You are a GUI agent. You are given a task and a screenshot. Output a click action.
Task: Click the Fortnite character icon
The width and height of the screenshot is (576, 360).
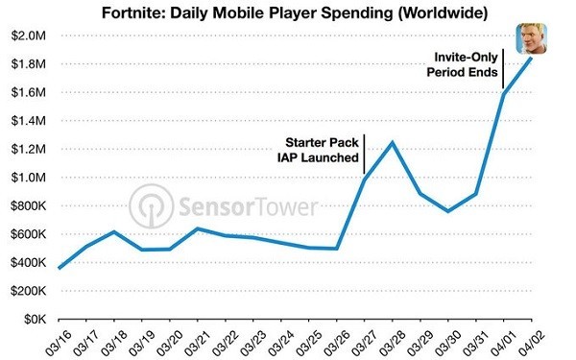coord(531,38)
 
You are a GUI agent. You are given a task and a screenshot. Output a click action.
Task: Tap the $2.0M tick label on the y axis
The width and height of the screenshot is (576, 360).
coord(28,36)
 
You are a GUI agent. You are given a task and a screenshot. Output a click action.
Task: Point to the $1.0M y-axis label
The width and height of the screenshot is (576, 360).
coord(28,178)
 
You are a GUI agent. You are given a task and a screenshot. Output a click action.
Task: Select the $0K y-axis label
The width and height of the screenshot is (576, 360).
coord(36,320)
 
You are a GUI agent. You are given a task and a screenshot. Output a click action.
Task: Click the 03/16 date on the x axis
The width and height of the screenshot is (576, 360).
coord(58,343)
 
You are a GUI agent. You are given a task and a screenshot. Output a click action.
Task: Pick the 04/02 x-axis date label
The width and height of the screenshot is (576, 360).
coord(531,343)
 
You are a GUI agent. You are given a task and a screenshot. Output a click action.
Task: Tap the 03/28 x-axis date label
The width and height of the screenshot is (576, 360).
coord(392,343)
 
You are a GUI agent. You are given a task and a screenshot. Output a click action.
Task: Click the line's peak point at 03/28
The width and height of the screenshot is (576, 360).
coord(393,142)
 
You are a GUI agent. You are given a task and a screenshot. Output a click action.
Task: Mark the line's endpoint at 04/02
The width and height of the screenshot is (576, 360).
coord(531,58)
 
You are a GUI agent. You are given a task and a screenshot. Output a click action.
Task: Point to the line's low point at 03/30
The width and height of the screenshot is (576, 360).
coord(448,211)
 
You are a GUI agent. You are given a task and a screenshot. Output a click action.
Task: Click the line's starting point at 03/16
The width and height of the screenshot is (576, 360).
coord(60,268)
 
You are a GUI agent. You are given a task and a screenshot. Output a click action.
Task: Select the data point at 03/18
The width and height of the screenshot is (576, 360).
coord(114,231)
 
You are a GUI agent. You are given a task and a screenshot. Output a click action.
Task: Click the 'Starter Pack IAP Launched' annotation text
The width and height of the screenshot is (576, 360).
coord(318,150)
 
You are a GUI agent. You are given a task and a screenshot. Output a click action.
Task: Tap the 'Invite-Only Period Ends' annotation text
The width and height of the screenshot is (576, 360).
coord(462,64)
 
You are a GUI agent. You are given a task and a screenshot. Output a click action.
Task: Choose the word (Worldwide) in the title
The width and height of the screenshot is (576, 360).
coord(443,13)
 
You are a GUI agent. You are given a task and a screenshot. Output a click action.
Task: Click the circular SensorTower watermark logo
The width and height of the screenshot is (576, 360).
coord(152,206)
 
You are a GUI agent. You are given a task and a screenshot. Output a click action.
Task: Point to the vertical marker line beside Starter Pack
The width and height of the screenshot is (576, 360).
coord(365,155)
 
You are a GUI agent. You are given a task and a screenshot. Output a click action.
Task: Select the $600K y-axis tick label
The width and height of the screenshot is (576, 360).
coord(28,234)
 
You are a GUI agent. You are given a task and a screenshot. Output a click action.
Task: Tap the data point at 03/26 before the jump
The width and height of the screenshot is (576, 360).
coord(337,249)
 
